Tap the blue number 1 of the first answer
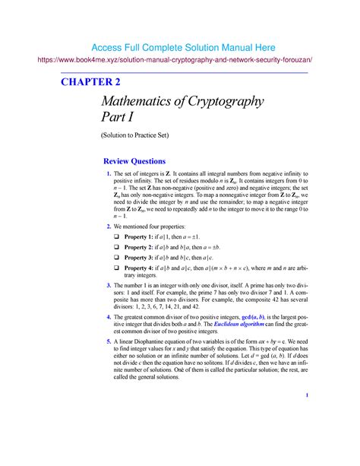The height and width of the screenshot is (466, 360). tap(109, 176)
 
